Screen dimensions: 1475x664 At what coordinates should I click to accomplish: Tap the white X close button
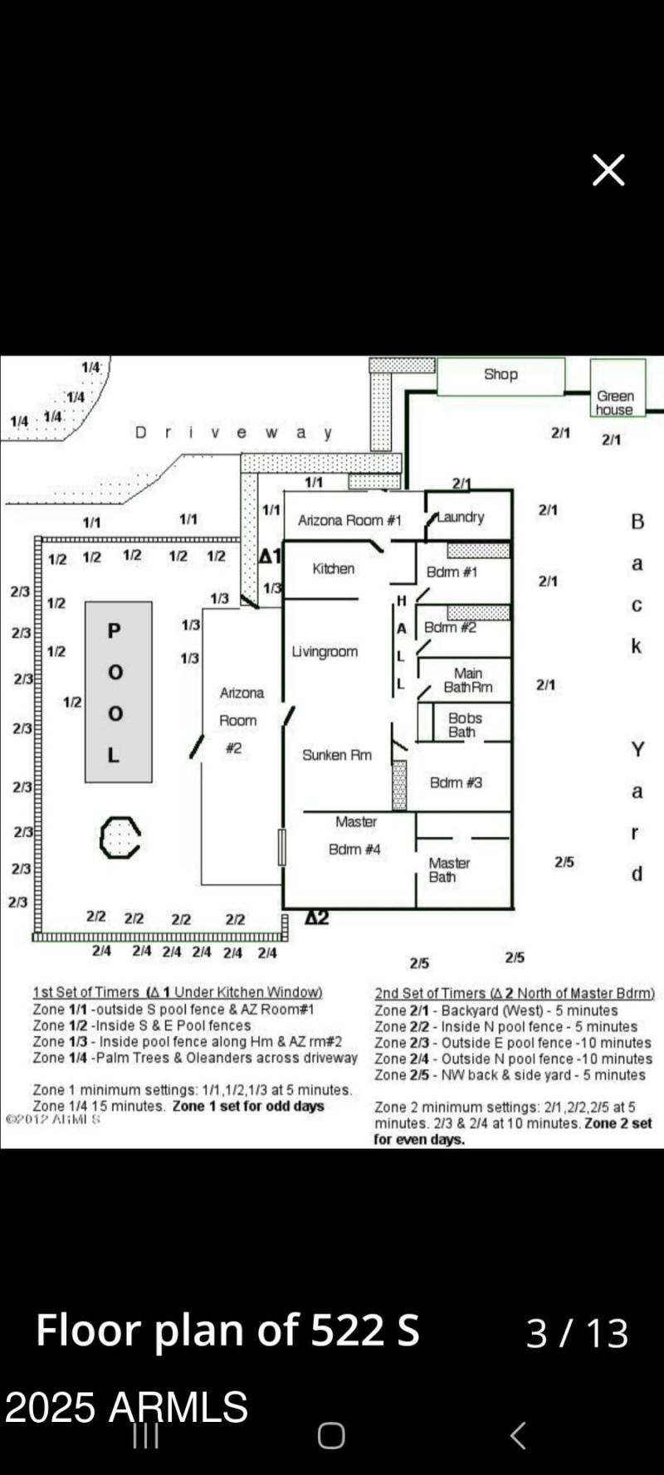pyautogui.click(x=608, y=170)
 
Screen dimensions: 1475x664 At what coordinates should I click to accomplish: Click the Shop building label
pyautogui.click(x=500, y=375)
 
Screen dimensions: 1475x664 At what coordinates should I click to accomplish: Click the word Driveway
pyautogui.click(x=234, y=432)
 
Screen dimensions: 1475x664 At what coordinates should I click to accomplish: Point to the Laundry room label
pyautogui.click(x=461, y=517)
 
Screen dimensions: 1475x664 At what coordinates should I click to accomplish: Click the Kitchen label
pyautogui.click(x=333, y=568)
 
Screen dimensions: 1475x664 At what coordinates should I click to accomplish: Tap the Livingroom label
pyautogui.click(x=325, y=651)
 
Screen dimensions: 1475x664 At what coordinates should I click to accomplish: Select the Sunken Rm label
pyautogui.click(x=336, y=755)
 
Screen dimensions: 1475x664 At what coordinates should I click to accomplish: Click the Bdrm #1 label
pyautogui.click(x=452, y=572)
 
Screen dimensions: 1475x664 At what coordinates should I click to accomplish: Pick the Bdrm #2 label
pyautogui.click(x=450, y=627)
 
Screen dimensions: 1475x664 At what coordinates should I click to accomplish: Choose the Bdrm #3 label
pyautogui.click(x=456, y=782)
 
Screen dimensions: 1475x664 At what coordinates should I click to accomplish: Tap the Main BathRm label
pyautogui.click(x=468, y=680)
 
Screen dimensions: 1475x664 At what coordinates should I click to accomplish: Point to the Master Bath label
pyautogui.click(x=449, y=869)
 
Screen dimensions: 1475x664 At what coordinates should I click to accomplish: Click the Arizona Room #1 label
pyautogui.click(x=349, y=520)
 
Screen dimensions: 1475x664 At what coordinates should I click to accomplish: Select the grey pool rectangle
pyautogui.click(x=118, y=692)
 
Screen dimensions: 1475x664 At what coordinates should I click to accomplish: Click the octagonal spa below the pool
pyautogui.click(x=120, y=837)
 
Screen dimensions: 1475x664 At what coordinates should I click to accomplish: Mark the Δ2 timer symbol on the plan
pyautogui.click(x=316, y=918)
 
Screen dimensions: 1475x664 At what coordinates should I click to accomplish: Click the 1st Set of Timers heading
pyautogui.click(x=177, y=992)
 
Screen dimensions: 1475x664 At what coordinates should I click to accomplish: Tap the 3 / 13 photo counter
pyautogui.click(x=577, y=1332)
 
